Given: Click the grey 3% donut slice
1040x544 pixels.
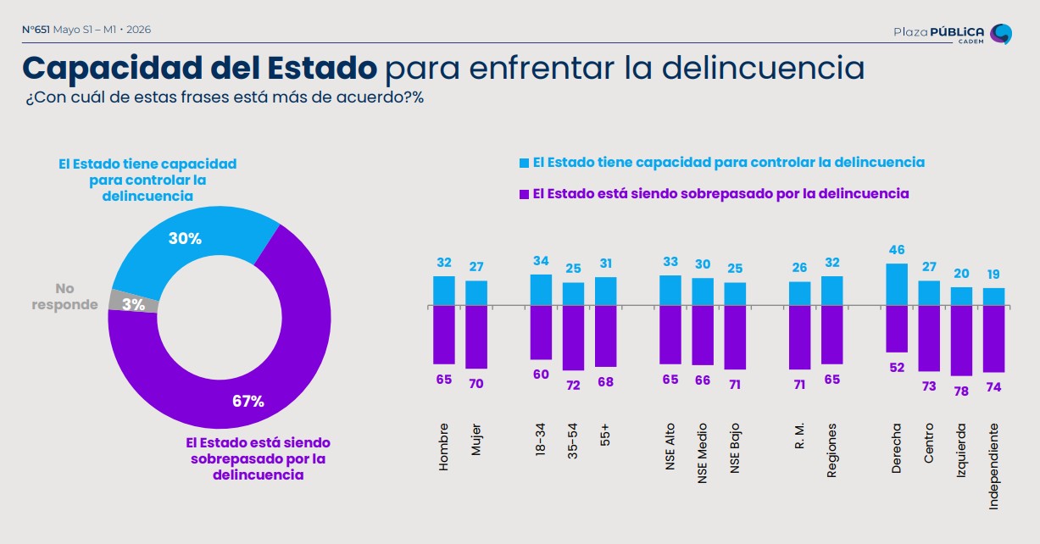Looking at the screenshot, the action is click(x=134, y=302).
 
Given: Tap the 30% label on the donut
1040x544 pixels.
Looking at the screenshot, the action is click(x=185, y=239).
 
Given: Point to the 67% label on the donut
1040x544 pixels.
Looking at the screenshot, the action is click(x=248, y=401).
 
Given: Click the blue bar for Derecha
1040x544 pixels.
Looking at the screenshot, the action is click(x=897, y=285).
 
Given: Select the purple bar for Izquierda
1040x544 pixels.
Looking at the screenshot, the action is click(x=961, y=341).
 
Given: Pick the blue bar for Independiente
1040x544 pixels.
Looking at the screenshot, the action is click(x=993, y=297).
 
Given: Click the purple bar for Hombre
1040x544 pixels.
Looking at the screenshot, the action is click(x=444, y=335).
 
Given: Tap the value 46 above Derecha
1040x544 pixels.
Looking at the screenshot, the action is click(x=897, y=250).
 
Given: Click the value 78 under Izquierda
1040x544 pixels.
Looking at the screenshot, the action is click(x=961, y=391).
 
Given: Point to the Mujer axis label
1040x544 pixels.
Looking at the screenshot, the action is click(x=476, y=439).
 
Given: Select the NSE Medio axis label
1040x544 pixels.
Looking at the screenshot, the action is click(x=702, y=453).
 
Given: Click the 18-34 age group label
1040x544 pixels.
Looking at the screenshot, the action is click(x=541, y=439).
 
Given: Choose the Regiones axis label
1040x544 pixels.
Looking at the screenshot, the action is click(x=831, y=450).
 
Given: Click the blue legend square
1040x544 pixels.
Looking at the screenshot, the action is click(x=524, y=163).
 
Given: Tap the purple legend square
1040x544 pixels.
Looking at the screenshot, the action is click(x=524, y=194).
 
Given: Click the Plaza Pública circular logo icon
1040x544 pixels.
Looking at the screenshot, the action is click(x=1001, y=34).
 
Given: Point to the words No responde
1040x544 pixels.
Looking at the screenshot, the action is click(x=64, y=297).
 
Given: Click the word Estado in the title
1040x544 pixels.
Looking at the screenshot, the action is click(x=322, y=68).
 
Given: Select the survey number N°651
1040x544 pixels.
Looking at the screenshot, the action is click(x=36, y=30).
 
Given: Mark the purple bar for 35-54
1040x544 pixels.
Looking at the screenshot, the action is click(x=573, y=338).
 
